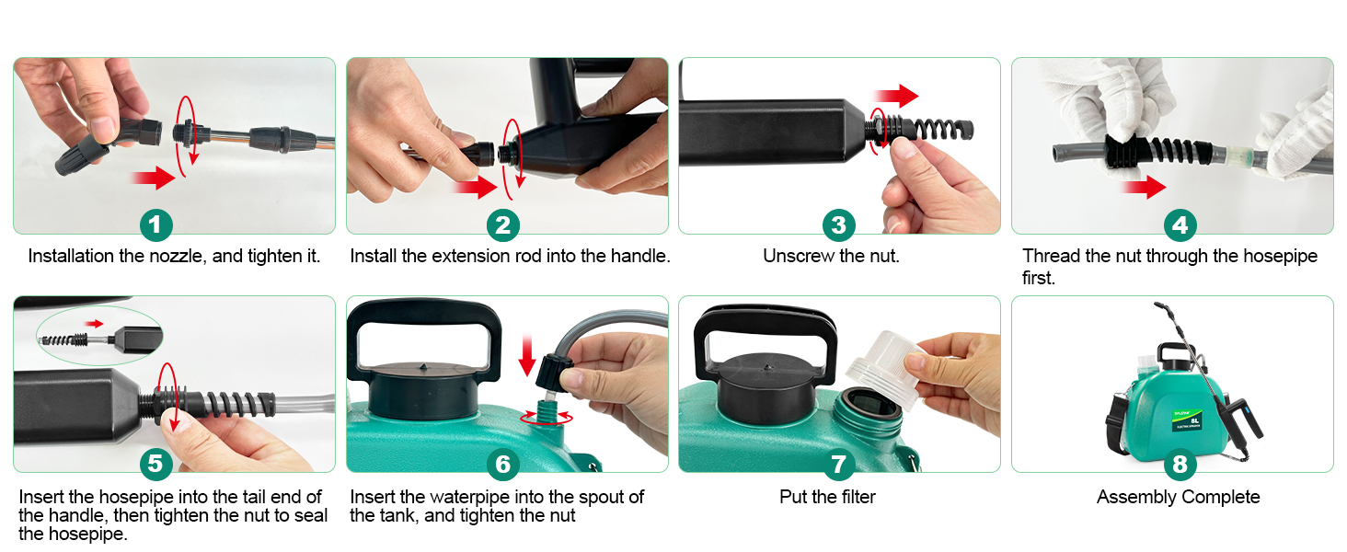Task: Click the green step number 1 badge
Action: [x=156, y=224]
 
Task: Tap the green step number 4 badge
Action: [x=1180, y=224]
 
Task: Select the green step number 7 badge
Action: [x=839, y=464]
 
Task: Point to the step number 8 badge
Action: [x=1180, y=464]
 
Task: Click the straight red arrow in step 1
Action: [x=154, y=178]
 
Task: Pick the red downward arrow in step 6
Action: [x=527, y=356]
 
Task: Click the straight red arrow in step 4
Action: [x=1145, y=187]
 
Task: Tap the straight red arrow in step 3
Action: [x=896, y=96]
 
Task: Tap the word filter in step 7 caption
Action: [x=857, y=498]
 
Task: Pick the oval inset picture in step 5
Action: [x=99, y=336]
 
